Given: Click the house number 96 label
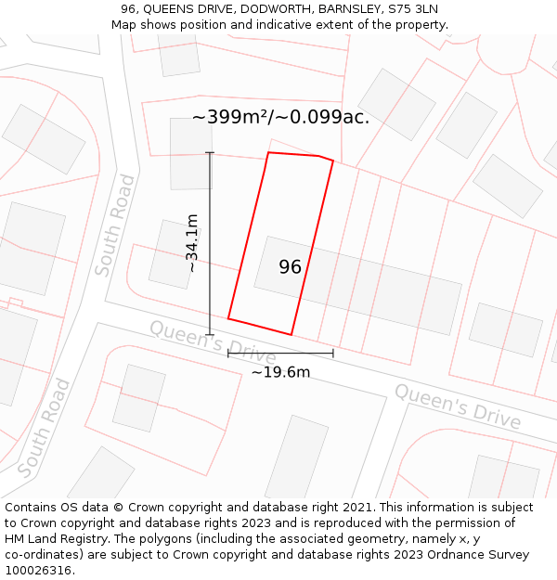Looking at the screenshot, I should (x=291, y=267).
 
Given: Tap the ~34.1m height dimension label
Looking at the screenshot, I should (x=192, y=243).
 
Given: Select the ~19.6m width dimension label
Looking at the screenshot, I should (x=280, y=372).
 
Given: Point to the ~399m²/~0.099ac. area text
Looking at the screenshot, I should (x=280, y=117).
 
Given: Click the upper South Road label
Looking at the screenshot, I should (x=114, y=226).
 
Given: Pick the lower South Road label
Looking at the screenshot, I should (x=44, y=428).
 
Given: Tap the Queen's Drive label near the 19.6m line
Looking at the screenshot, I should (x=213, y=342).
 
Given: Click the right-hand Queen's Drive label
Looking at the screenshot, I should (x=458, y=406).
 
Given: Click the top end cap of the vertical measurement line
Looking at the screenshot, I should (x=210, y=153).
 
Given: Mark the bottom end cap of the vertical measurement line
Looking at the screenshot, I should (x=210, y=335).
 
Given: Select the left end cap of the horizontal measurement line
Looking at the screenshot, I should (x=228, y=353).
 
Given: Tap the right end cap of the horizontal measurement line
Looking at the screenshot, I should (x=332, y=353).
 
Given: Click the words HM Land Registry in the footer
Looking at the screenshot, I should (x=48, y=538).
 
